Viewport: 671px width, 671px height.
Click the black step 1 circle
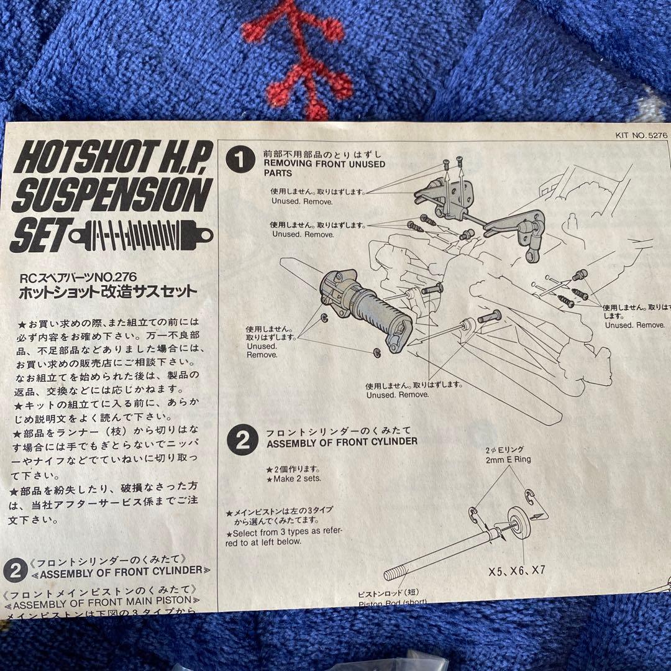241,160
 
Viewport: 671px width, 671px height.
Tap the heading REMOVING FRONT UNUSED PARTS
323,168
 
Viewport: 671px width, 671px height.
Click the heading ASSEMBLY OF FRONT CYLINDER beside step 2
341,442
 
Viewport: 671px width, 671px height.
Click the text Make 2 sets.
293,479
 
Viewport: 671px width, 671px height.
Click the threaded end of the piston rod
398,571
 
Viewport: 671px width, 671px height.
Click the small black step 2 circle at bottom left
15,570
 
